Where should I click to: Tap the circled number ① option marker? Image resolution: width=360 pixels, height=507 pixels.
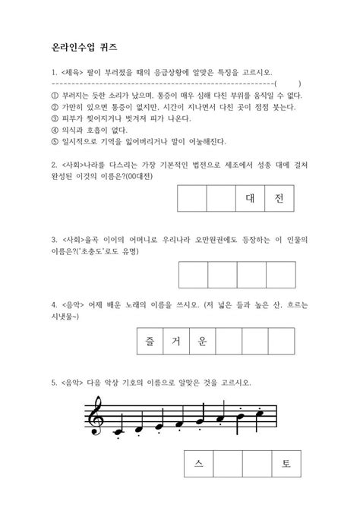(x=54, y=96)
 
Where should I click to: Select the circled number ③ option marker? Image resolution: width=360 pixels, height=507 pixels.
(x=54, y=118)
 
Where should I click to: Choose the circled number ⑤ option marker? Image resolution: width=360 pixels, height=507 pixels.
(x=54, y=141)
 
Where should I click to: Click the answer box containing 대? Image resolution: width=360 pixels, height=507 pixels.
(x=250, y=199)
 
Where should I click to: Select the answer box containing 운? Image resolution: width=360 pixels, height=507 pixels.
(x=202, y=341)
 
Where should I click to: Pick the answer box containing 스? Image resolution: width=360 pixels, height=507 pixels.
(x=199, y=464)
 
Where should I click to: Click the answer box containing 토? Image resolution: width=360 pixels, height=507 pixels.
(x=286, y=464)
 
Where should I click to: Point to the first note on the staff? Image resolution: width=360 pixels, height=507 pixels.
(x=118, y=430)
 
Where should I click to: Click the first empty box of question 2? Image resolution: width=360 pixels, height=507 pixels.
(x=191, y=199)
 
